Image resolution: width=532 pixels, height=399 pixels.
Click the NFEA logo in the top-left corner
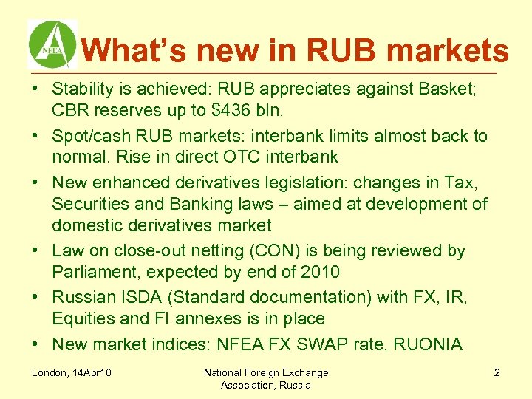[x=52, y=44]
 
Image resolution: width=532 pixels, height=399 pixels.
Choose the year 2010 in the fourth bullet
[x=320, y=272]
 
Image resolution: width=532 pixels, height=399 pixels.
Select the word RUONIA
[x=425, y=344]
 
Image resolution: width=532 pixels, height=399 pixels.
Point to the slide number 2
[x=497, y=372]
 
